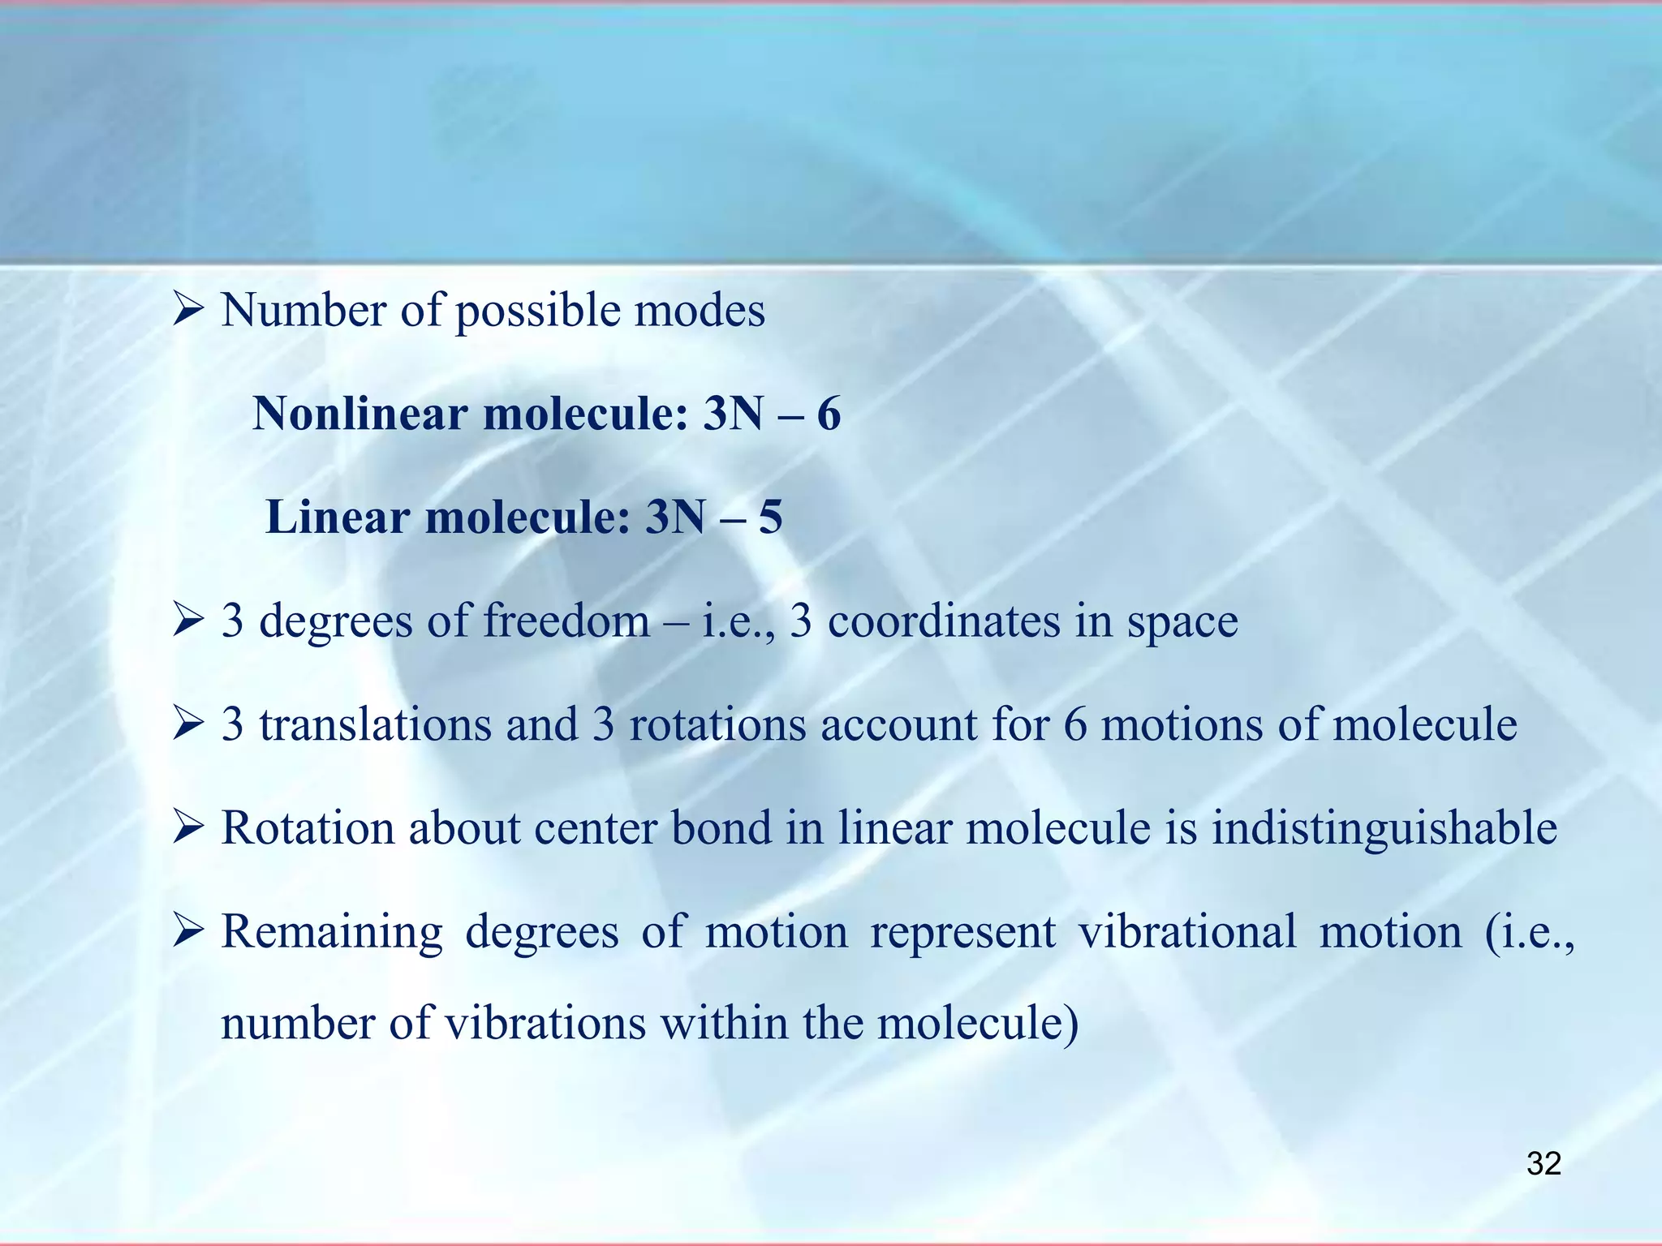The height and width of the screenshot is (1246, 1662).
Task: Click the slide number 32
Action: click(1544, 1164)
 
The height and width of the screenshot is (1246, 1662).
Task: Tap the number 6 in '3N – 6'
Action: click(829, 414)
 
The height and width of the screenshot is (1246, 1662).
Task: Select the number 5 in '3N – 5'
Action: click(770, 518)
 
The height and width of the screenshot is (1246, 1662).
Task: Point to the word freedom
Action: click(566, 621)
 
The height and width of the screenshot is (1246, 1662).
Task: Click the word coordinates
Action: click(943, 621)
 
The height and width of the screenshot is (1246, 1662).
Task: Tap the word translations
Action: click(376, 724)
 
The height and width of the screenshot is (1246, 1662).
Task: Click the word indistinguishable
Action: click(1384, 828)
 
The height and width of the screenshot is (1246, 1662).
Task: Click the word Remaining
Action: click(332, 932)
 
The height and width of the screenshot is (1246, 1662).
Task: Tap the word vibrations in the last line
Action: click(545, 1023)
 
